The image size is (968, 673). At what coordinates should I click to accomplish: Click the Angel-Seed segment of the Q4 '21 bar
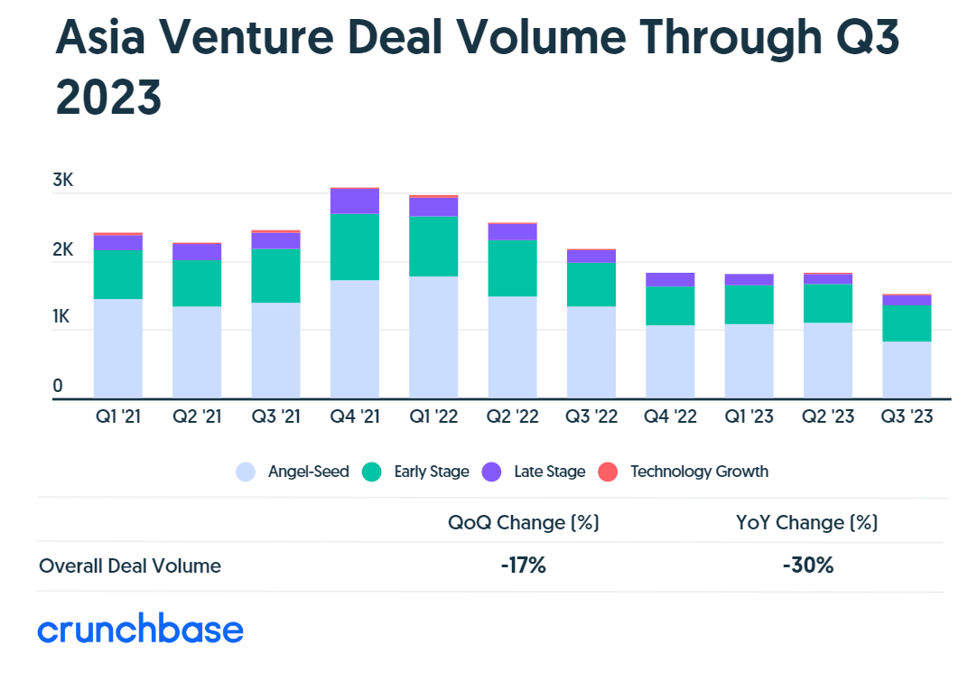[355, 339]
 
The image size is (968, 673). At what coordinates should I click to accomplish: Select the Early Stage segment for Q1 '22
[433, 246]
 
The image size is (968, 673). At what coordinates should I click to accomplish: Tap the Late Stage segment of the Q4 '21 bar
[355, 201]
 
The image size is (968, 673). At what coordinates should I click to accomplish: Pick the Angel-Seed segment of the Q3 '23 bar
[907, 369]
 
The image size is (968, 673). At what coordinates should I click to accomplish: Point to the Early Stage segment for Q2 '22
[512, 267]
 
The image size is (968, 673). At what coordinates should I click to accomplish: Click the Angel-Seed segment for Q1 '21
[117, 348]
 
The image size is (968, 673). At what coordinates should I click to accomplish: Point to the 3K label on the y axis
[63, 181]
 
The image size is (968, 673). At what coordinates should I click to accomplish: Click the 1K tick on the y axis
[63, 317]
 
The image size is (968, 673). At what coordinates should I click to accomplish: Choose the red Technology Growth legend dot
[609, 472]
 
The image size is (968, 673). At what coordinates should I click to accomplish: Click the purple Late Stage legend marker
[492, 472]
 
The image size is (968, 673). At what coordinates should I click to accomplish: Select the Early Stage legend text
[432, 472]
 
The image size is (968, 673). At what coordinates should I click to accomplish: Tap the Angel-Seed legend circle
[246, 472]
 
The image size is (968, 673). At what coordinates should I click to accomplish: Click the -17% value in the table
[524, 566]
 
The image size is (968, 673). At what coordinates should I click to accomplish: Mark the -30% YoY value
[808, 566]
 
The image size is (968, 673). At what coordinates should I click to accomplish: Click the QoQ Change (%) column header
[524, 522]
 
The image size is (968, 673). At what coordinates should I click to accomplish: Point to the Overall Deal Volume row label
[130, 566]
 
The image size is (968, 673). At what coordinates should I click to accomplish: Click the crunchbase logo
[141, 630]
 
